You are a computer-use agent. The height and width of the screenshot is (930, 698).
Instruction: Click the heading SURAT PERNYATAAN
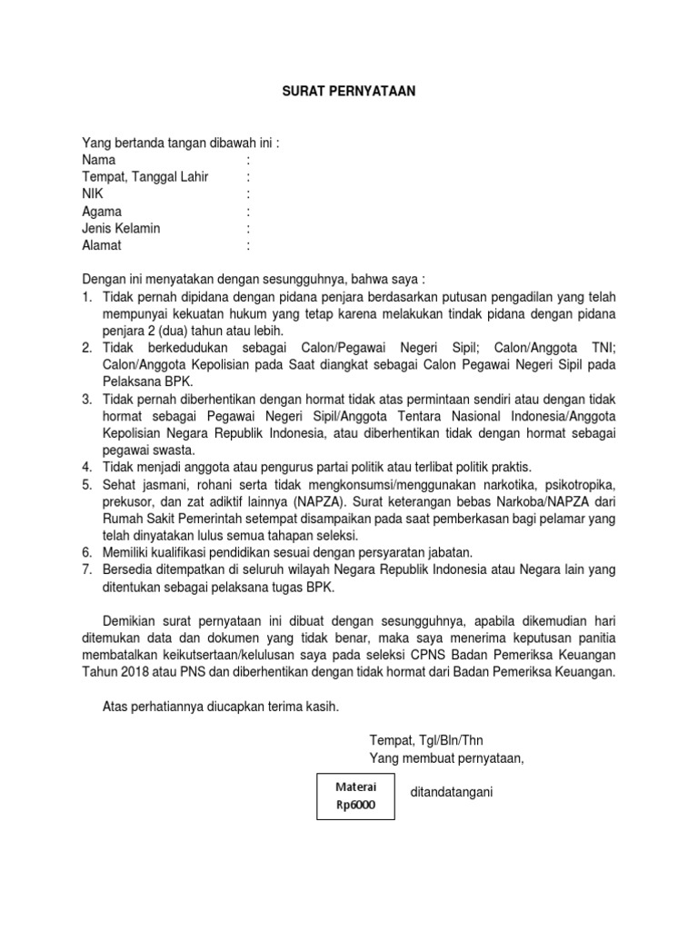pos(348,92)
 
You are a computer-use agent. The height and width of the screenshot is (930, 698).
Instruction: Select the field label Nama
pos(99,160)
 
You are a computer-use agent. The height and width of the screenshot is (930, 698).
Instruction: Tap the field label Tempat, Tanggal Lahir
pos(145,177)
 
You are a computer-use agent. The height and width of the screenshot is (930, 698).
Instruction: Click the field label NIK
pos(93,194)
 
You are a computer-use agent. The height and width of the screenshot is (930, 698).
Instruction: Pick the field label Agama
pos(102,212)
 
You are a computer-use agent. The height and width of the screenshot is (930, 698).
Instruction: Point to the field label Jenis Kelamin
pos(121,229)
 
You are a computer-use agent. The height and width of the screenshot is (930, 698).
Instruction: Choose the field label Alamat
pos(101,246)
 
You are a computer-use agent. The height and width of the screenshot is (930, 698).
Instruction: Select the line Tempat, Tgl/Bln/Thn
pos(433,740)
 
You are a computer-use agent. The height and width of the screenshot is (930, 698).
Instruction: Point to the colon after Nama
pos(248,160)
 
